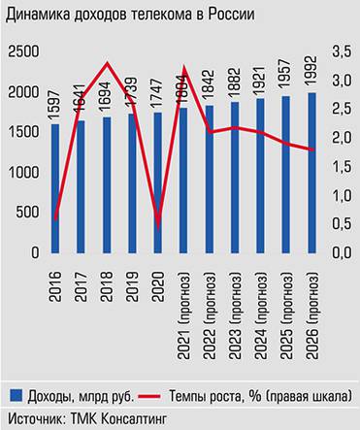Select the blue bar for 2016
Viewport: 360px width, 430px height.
[x=54, y=188]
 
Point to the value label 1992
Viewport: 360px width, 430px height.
[x=311, y=75]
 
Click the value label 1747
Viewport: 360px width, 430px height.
[x=158, y=94]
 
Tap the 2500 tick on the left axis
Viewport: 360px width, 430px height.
[x=22, y=51]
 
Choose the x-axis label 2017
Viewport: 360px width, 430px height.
[x=81, y=278]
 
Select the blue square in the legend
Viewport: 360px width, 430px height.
[x=16, y=397]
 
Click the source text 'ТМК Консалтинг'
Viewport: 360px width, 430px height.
[x=112, y=418]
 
